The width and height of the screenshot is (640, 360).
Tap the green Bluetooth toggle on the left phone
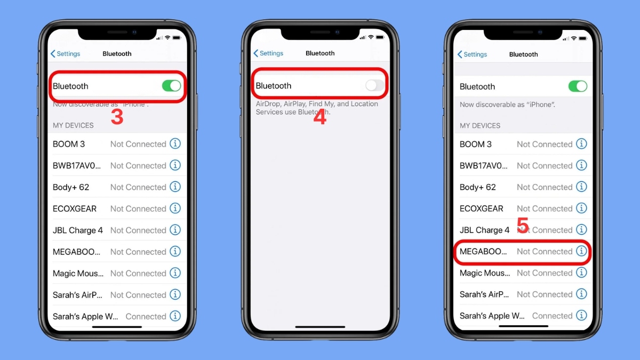(171, 86)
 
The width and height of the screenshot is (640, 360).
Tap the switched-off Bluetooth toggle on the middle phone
(374, 85)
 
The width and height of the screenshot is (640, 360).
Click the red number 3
(117, 117)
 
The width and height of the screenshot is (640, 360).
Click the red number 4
(319, 117)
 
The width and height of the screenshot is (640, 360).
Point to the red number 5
(523, 226)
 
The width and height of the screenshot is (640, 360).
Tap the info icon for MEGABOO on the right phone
(581, 251)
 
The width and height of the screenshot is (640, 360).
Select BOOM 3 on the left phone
(69, 144)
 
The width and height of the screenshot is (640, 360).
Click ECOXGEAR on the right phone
(482, 209)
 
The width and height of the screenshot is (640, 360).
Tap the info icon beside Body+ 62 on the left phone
(175, 187)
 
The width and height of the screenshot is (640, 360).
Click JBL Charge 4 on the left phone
(78, 230)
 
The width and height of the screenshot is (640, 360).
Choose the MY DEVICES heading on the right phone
(480, 126)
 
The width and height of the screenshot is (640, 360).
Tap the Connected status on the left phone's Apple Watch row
(146, 316)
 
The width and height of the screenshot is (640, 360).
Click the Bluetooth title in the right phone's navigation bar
(523, 54)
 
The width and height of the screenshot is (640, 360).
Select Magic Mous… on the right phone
(485, 273)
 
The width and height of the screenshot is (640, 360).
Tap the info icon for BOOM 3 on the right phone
(581, 144)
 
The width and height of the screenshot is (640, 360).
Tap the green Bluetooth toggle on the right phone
(578, 86)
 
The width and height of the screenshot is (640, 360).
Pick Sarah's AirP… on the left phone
(78, 295)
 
